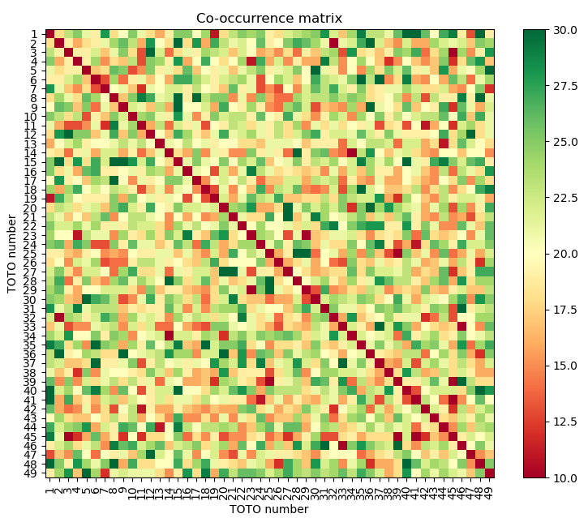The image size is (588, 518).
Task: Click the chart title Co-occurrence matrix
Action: (x=269, y=18)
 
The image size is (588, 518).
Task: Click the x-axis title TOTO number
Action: (x=269, y=509)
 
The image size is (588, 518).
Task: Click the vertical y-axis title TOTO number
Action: (x=12, y=253)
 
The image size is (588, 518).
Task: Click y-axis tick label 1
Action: (x=36, y=34)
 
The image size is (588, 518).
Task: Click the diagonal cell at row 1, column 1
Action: (x=49, y=34)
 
